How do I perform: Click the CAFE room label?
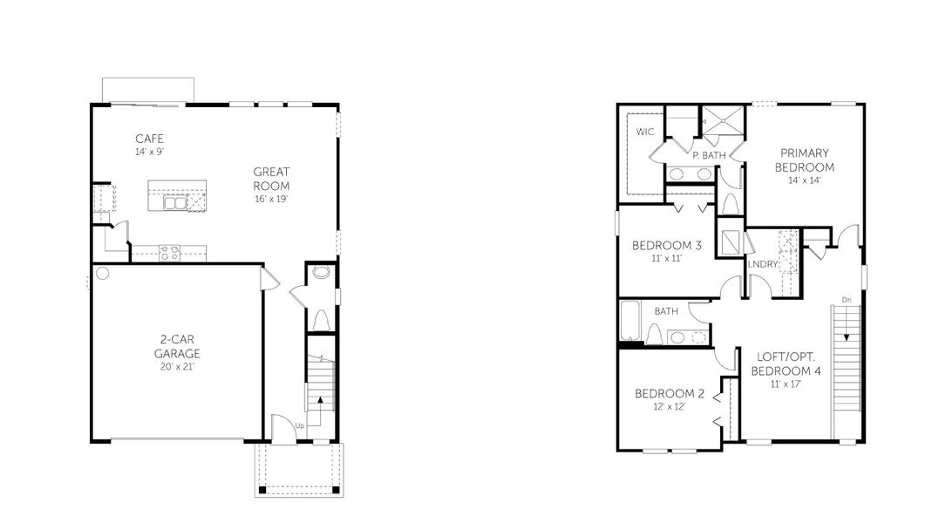[x=149, y=139]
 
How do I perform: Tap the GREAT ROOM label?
[x=271, y=179]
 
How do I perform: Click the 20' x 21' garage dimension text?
[x=177, y=367]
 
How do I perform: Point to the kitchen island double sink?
[x=175, y=203]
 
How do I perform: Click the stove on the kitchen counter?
[x=169, y=254]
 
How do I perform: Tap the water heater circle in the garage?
[x=102, y=274]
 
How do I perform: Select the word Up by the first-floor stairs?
[x=299, y=425]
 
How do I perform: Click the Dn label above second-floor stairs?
[x=846, y=301]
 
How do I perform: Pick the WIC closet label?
[x=645, y=132]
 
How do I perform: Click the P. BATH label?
[x=709, y=155]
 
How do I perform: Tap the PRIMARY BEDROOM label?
[x=805, y=160]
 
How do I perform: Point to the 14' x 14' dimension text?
[x=805, y=180]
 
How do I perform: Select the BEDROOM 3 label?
[x=667, y=245]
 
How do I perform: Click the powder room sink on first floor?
[x=321, y=273]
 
